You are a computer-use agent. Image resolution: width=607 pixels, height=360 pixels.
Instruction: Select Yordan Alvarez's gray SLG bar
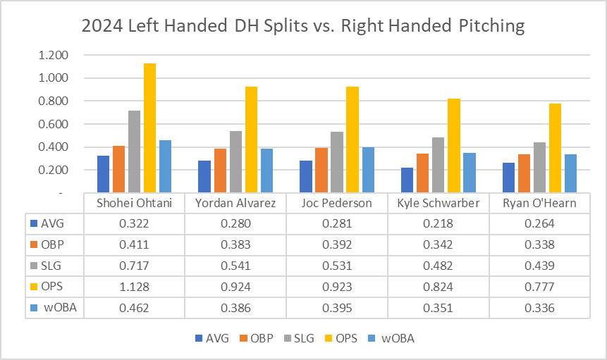click(x=235, y=162)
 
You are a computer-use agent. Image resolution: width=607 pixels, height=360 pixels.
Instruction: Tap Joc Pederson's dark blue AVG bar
click(x=306, y=177)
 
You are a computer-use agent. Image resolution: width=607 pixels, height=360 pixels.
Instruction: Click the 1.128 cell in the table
click(x=134, y=287)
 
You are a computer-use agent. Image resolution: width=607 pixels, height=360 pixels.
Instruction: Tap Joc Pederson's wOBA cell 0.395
click(x=336, y=309)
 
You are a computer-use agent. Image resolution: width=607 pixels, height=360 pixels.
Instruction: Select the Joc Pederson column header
click(x=336, y=204)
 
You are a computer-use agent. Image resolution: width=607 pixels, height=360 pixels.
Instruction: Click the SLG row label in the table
click(x=53, y=266)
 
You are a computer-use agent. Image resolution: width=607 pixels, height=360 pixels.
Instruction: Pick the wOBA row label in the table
click(x=56, y=309)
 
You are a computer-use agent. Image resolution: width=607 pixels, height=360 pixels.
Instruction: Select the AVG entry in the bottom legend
click(x=212, y=338)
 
